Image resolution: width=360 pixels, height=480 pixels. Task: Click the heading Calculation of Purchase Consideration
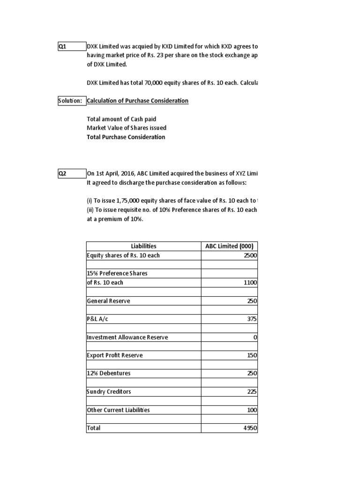tap(138, 101)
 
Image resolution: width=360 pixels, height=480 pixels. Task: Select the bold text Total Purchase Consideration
tap(126, 137)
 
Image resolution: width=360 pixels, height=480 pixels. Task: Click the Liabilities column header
tap(143, 246)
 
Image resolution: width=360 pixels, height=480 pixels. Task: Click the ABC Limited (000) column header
tap(229, 246)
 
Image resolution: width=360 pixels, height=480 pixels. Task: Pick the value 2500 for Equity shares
tap(250, 255)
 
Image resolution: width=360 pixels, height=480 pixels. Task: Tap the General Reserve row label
tap(109, 301)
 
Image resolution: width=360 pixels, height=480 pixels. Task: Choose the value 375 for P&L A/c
tap(252, 319)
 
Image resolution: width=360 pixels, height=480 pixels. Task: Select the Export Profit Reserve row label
tap(115, 355)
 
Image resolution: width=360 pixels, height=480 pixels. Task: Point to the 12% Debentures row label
tap(109, 374)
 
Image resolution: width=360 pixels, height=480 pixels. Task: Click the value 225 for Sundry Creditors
tap(252, 392)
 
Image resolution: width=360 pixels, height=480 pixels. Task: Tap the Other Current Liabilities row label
tap(119, 410)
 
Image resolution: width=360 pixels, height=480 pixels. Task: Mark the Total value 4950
tap(250, 428)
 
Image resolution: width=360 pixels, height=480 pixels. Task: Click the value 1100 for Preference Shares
tap(250, 283)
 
